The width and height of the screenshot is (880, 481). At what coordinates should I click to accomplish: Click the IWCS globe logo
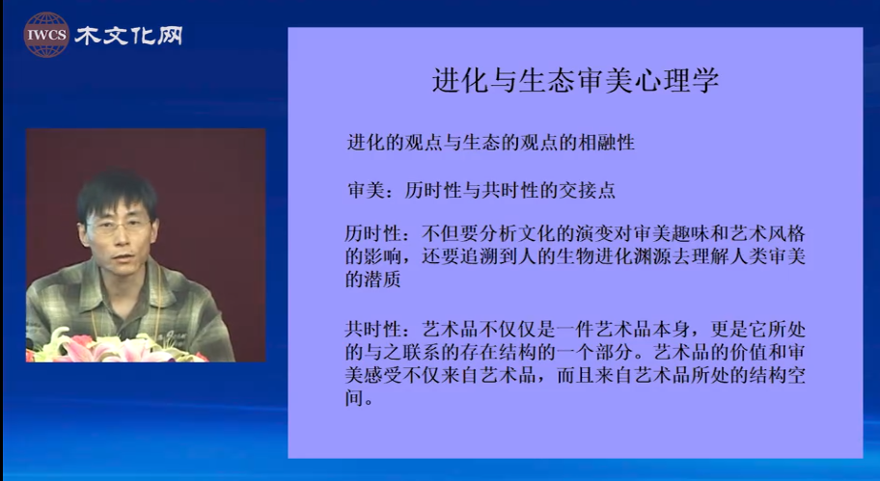pos(46,35)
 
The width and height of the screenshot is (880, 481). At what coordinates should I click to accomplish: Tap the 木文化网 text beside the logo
pos(128,36)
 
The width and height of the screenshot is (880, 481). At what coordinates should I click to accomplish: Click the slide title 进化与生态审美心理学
pos(575,81)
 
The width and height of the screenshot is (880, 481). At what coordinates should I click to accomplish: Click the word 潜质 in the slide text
pos(383,279)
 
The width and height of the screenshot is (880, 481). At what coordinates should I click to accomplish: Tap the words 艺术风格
pos(768,232)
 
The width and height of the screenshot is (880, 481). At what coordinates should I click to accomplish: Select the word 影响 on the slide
pos(383,255)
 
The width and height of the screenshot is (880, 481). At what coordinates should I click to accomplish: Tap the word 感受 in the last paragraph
pos(383,375)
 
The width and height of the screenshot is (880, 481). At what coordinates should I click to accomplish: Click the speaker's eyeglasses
pos(119,227)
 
